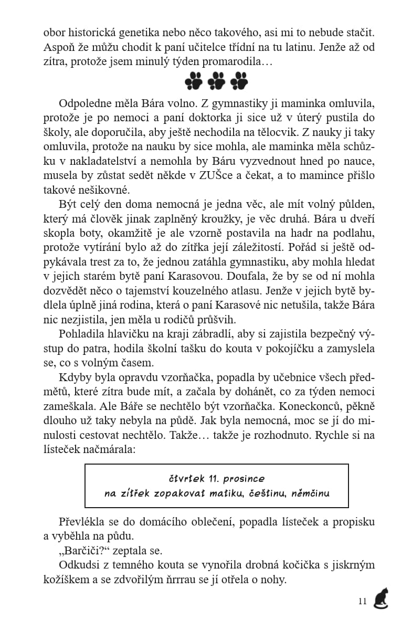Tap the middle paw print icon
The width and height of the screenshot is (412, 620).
(216, 80)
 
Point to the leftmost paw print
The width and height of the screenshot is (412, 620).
(193, 80)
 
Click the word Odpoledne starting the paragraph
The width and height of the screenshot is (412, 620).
(84, 102)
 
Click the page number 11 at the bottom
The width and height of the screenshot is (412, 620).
(362, 601)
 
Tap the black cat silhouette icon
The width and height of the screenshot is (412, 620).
(381, 598)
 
